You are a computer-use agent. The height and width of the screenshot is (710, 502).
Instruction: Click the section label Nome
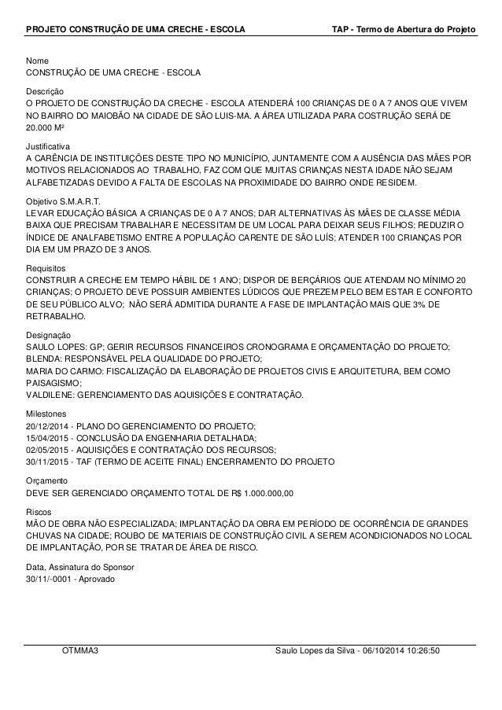coord(37,61)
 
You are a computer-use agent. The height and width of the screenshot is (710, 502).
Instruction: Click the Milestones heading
coord(46,413)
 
